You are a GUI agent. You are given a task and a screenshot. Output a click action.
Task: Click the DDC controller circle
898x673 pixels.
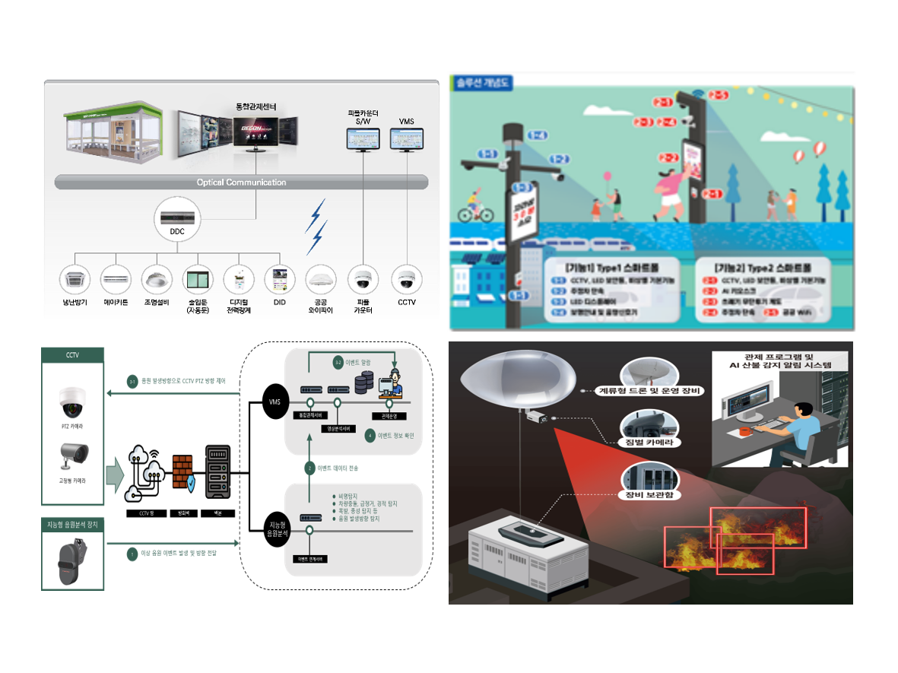(x=177, y=220)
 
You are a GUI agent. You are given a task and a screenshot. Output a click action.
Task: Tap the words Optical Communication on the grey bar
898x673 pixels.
(x=241, y=183)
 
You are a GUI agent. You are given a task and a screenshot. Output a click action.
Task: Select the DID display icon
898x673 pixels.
(x=279, y=279)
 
